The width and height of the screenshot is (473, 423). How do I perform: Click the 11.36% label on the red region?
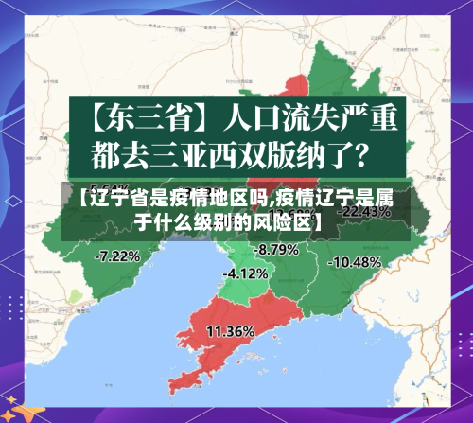(229, 331)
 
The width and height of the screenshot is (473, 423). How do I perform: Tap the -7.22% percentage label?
(118, 255)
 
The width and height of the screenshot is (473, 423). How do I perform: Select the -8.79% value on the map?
(277, 249)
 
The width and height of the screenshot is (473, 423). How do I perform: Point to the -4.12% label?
(245, 273)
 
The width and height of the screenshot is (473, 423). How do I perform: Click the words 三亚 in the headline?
(198, 151)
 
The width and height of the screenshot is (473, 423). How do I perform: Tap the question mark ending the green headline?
(372, 151)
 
